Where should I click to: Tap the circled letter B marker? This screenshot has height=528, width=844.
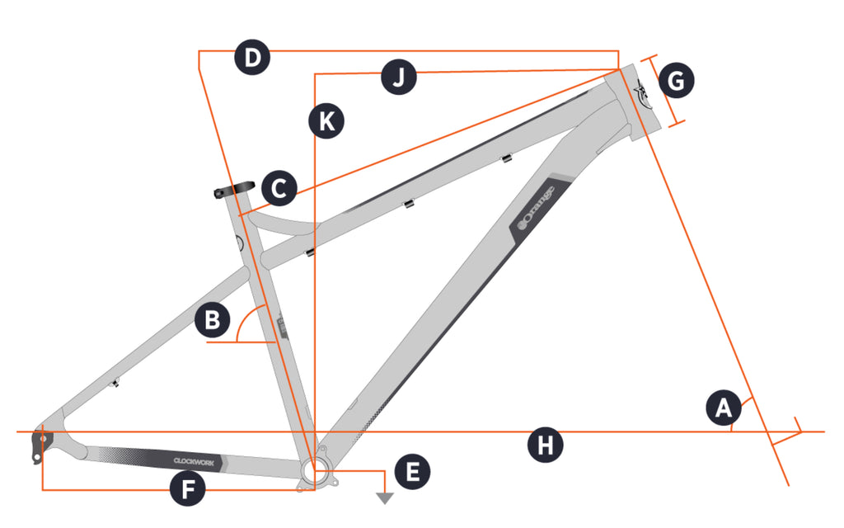pos(213,321)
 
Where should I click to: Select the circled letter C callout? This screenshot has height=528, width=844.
pos(279,189)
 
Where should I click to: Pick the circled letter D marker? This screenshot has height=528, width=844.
pos(252,58)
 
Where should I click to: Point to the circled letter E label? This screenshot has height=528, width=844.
pos(413,471)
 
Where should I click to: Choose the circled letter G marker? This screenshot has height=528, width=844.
pos(677,81)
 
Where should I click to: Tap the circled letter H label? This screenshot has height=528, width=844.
pos(545,446)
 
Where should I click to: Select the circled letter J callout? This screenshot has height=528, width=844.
pos(399,78)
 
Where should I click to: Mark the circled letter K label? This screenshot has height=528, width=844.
pos(326,121)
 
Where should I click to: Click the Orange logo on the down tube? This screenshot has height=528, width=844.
pos(536,206)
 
